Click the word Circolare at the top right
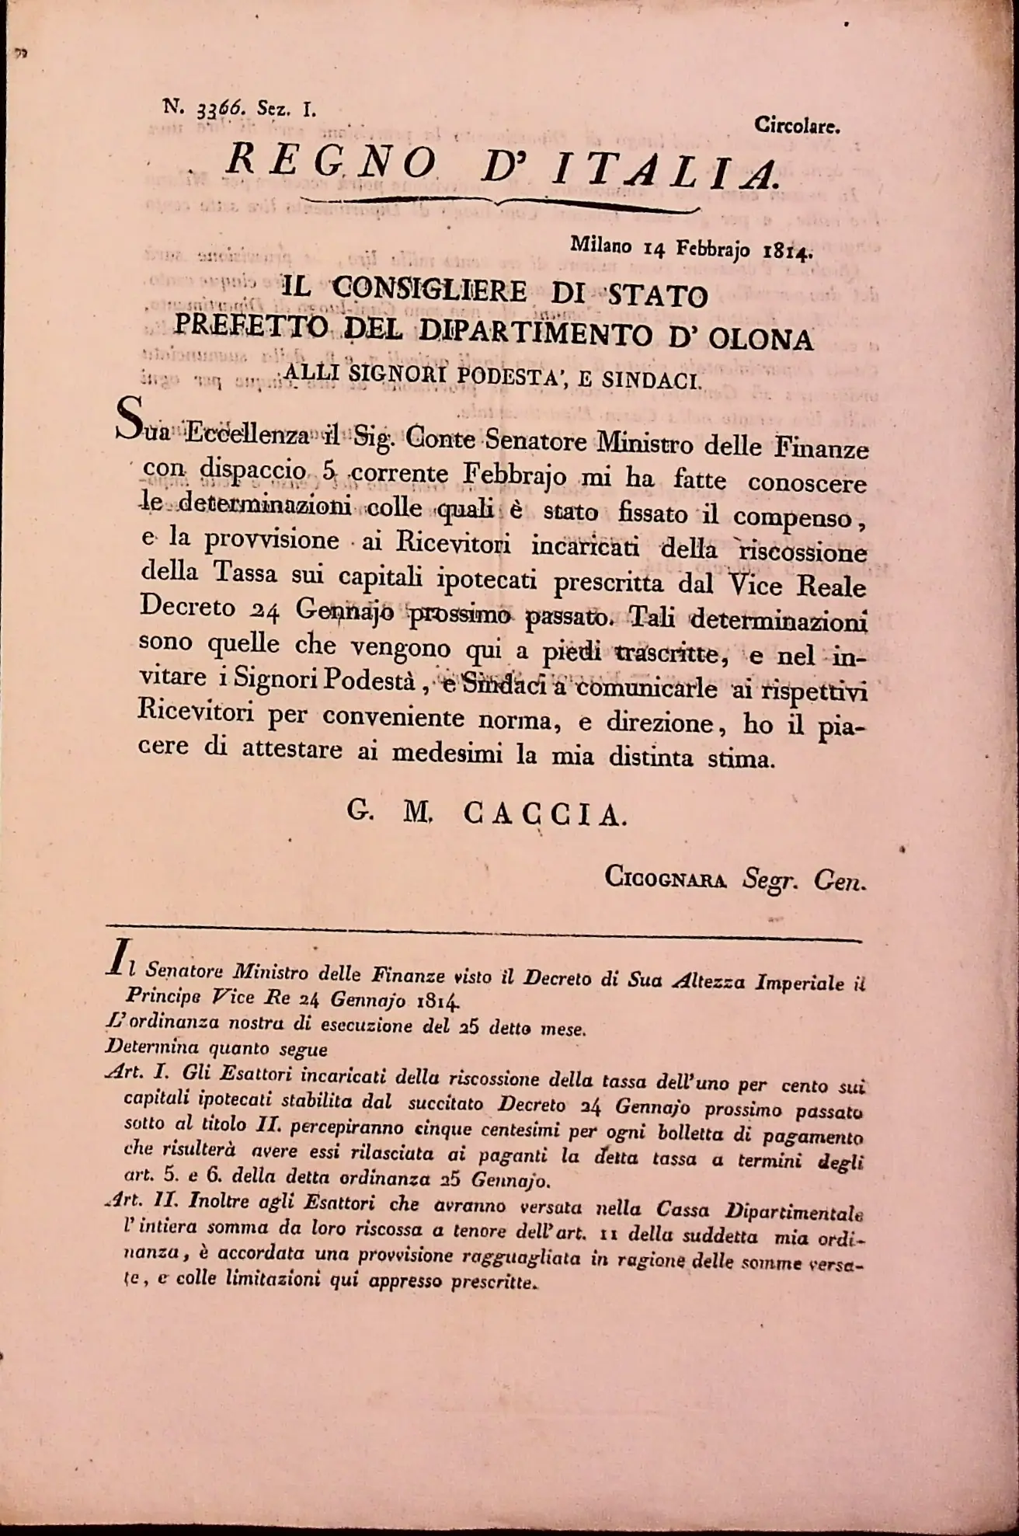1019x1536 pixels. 796,127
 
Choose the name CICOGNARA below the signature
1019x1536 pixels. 665,878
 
